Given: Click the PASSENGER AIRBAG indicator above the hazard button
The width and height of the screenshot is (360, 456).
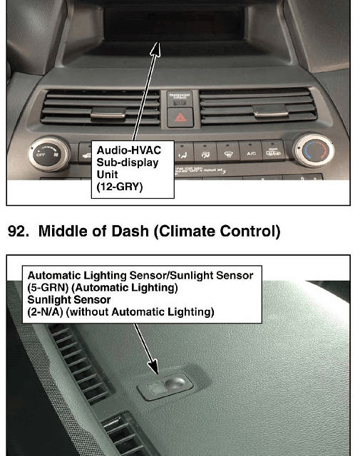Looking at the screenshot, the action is pos(180,98).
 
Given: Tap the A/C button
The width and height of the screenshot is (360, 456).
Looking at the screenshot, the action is pos(250,152).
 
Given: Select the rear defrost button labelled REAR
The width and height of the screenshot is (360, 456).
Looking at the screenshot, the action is pos(273,152).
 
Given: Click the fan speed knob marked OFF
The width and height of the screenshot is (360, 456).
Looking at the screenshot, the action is pos(49,154).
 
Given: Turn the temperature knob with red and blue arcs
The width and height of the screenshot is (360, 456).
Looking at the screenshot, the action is pos(314,150).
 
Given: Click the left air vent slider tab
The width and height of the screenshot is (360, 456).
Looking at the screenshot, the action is pos(108,113).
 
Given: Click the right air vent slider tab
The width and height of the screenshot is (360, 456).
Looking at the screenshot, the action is pos(270,111).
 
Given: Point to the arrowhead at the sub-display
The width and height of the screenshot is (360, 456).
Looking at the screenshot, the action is pos(156,49).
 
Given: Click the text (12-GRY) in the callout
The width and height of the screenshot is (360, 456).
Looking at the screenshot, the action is pos(120,187).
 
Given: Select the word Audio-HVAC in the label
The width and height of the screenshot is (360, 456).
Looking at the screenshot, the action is pos(128,150).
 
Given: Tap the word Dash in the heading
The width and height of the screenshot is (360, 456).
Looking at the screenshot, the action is pos(130,231).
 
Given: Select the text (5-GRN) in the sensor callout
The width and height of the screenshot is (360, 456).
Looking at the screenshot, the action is pos(48,288).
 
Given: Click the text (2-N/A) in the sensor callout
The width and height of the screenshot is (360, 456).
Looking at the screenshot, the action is pos(45,312).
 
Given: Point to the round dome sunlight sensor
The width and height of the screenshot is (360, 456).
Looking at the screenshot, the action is pos(175,383).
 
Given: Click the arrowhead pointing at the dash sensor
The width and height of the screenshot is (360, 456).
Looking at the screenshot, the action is pos(153,366).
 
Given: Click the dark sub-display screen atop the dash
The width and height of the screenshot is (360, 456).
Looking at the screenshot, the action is pos(174,24).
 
